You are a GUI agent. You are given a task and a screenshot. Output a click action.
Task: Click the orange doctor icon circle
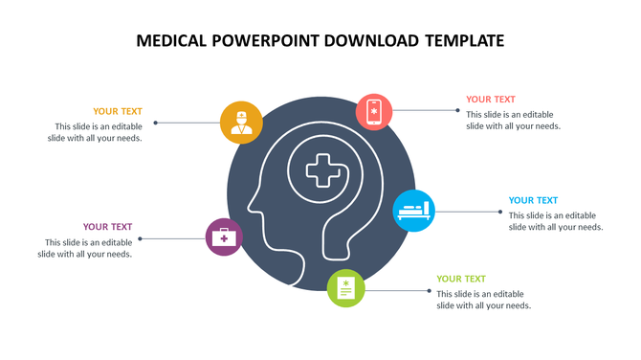[x=241, y=122]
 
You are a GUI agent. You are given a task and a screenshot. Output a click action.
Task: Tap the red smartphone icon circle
[x=375, y=111]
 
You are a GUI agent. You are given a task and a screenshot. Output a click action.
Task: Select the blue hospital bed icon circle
[x=414, y=209]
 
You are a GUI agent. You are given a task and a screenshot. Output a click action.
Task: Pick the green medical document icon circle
[x=346, y=288]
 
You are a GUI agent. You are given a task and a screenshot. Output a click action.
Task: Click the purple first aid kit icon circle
[x=225, y=236]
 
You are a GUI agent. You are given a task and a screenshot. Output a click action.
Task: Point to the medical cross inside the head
[x=321, y=172]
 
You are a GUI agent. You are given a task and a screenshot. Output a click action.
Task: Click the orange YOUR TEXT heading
[x=118, y=111]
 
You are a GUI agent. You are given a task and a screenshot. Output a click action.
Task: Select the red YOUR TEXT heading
[x=491, y=99]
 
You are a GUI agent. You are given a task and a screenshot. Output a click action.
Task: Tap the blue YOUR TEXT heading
[x=533, y=200]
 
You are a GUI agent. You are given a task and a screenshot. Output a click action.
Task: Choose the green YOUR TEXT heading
[x=461, y=279]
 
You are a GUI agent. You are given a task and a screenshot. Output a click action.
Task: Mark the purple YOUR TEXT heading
[x=107, y=227]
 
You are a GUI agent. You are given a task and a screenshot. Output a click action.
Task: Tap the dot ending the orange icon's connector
[x=156, y=122]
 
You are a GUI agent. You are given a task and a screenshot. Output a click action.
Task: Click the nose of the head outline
[x=249, y=204]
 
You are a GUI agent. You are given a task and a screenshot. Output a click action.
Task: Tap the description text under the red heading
[x=513, y=120]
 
